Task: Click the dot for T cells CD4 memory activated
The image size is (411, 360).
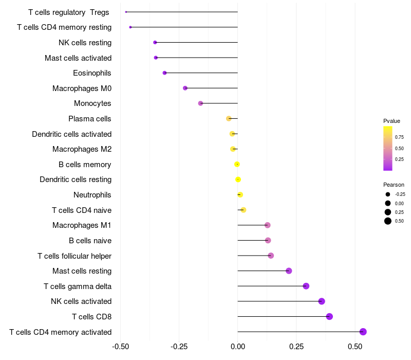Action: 363,332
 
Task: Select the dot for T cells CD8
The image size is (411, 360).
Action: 329,316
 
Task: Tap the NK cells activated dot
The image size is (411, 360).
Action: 322,301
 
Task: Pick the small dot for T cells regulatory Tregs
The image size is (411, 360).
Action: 126,12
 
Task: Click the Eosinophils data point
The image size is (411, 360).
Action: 164,73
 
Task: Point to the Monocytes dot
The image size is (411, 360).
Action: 200,103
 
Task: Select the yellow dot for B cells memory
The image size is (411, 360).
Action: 237,164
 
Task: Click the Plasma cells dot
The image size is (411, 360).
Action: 229,119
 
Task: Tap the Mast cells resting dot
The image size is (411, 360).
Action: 289,271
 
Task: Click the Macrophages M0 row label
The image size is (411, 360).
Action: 82,88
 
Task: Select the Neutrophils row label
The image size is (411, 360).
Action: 92,195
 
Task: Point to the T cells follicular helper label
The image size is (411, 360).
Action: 74,256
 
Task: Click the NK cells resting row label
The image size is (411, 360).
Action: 85,43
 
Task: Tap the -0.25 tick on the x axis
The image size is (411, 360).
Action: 179,347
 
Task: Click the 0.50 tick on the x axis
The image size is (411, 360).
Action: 355,347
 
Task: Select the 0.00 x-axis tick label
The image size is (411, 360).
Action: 238,347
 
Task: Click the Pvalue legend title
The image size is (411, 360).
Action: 391,121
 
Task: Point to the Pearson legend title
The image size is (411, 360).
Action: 394,185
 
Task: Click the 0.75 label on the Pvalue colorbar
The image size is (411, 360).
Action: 399,137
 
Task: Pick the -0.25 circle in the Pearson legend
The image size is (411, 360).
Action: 388,194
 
